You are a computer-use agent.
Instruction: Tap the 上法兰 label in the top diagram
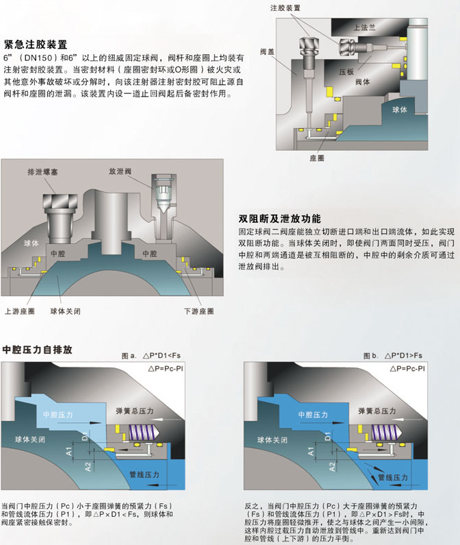364,27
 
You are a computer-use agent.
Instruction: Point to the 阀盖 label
268,51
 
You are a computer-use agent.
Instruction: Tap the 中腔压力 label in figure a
56,415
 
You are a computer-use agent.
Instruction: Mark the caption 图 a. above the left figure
129,356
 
